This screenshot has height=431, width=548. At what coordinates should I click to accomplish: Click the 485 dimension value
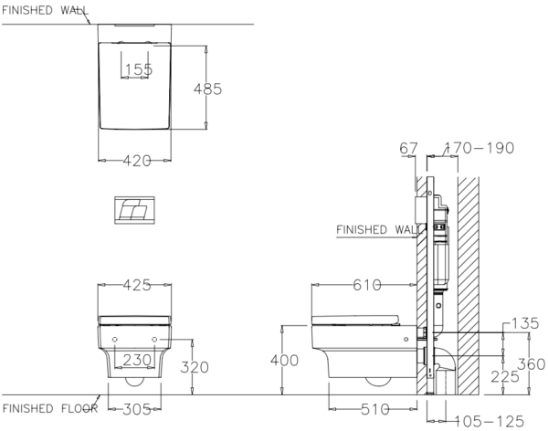point(207,89)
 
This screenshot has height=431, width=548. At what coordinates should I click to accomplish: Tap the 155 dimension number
point(139,69)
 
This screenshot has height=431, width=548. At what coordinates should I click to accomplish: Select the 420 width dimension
point(137,161)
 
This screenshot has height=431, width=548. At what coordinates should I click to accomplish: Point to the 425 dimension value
point(137,285)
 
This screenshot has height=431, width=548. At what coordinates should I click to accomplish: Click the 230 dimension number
point(137,360)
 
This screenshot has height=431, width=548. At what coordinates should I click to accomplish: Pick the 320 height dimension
point(195,367)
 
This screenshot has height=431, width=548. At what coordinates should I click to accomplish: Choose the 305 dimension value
point(137,409)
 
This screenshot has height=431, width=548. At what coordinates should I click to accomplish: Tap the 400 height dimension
point(284,361)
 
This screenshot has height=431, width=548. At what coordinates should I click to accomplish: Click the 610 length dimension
point(367,285)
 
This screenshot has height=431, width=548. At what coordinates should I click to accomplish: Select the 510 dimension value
point(375,409)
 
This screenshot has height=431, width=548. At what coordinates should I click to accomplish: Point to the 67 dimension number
point(408,148)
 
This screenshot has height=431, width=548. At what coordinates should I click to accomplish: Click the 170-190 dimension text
point(479,148)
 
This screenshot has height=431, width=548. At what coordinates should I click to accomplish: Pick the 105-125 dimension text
point(489,421)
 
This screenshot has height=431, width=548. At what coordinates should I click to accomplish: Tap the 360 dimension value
point(532,364)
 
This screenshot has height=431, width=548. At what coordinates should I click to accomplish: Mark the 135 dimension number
point(525,323)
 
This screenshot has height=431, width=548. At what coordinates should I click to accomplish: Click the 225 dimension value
point(505,377)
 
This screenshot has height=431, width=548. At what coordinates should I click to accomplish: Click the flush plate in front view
point(134,210)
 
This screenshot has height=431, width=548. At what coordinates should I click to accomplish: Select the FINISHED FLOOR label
point(50,408)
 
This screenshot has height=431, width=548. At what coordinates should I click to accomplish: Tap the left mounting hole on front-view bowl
point(115,340)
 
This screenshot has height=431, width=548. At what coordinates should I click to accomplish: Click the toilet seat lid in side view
point(355,320)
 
